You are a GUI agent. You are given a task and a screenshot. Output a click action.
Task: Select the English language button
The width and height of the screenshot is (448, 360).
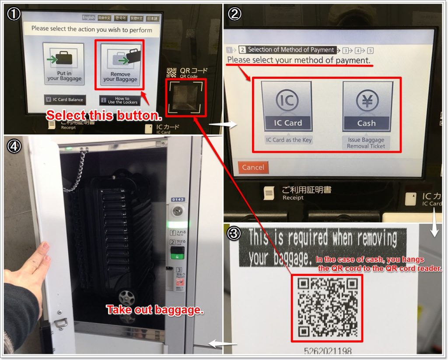88,18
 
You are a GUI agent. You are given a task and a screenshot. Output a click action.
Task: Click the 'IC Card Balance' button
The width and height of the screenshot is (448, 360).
64,99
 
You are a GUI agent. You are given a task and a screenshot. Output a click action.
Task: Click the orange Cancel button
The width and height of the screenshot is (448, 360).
253,167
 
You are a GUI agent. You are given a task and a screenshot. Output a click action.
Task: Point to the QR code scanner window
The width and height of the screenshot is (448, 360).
184,97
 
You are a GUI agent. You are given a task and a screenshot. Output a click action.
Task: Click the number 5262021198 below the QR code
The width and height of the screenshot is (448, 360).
328,351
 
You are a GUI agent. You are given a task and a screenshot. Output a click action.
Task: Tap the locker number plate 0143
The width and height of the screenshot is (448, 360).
178,200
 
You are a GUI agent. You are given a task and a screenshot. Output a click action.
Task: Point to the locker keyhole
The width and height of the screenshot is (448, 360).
178,212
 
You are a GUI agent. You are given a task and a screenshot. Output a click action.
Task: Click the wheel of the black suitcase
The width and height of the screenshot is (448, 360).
126,297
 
